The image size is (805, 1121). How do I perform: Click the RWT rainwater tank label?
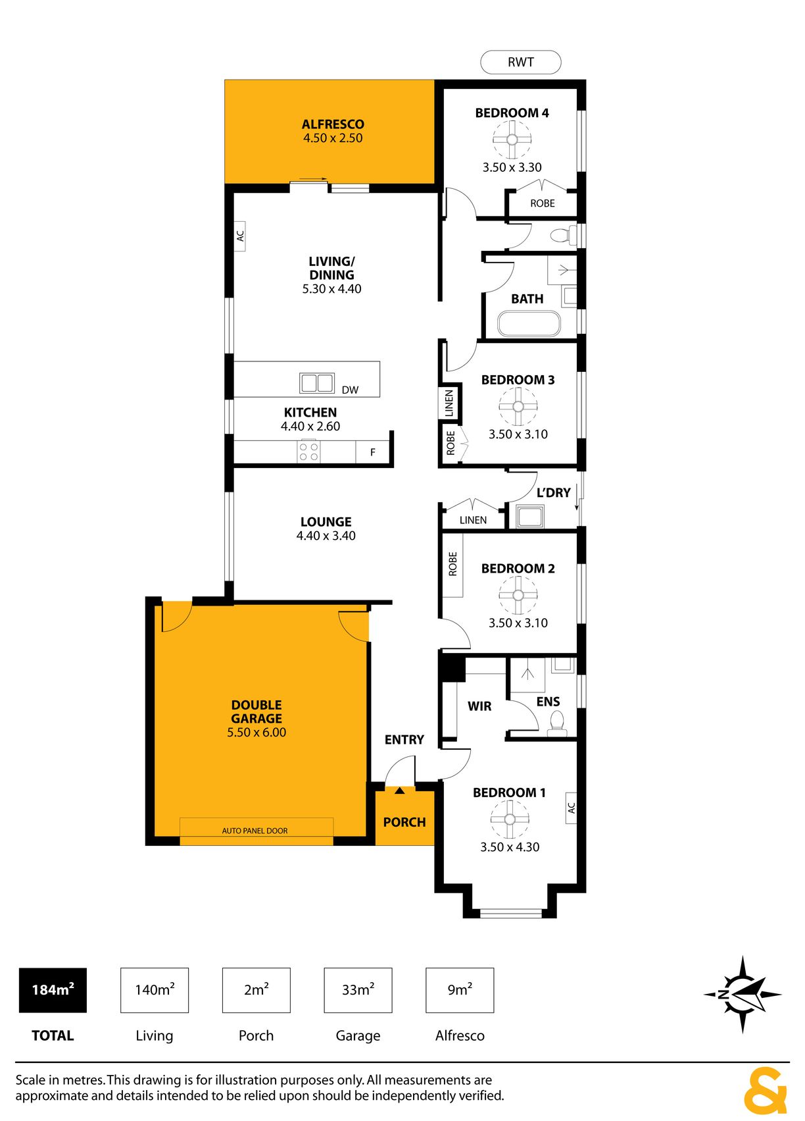[520, 62]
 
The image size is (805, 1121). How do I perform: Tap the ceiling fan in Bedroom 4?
[512, 140]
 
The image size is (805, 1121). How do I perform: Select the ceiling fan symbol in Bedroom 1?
[510, 820]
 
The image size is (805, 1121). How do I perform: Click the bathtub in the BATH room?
[529, 325]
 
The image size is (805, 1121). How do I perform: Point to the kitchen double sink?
[316, 383]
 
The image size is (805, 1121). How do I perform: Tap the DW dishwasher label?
[350, 390]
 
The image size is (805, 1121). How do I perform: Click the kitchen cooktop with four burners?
[308, 452]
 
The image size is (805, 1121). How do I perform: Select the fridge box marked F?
[372, 452]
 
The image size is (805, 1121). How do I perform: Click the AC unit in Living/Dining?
[239, 236]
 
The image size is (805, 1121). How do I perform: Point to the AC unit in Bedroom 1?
[571, 808]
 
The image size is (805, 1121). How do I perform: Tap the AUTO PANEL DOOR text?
[255, 831]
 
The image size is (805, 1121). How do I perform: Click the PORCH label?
[404, 822]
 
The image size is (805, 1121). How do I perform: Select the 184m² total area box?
[53, 990]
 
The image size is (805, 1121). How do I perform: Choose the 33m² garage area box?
[358, 990]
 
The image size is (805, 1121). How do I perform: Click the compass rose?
[743, 994]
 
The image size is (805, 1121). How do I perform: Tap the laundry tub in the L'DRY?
[529, 517]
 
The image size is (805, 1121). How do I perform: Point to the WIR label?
[479, 706]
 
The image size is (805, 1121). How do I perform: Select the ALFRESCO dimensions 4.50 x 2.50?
[333, 138]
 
